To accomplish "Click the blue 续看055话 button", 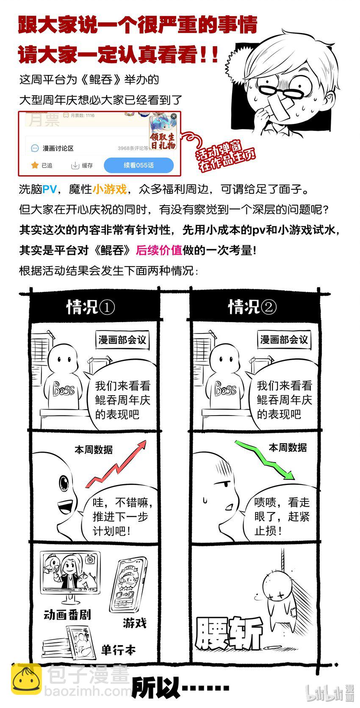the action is pyautogui.click(x=138, y=165).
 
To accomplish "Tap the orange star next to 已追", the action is pyautogui.click(x=34, y=165).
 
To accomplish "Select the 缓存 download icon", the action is pyautogui.click(x=75, y=165).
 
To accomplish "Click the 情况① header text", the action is pyautogui.click(x=91, y=307).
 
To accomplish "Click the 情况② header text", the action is pyautogui.click(x=252, y=306).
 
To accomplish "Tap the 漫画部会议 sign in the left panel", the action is pyautogui.click(x=122, y=340).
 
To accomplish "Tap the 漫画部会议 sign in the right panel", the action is pyautogui.click(x=284, y=340).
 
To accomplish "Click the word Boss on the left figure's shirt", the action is pyautogui.click(x=64, y=389).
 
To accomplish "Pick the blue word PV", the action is pyautogui.click(x=50, y=189).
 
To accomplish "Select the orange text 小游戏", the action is pyautogui.click(x=109, y=189).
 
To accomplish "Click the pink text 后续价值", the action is pyautogui.click(x=159, y=250).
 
